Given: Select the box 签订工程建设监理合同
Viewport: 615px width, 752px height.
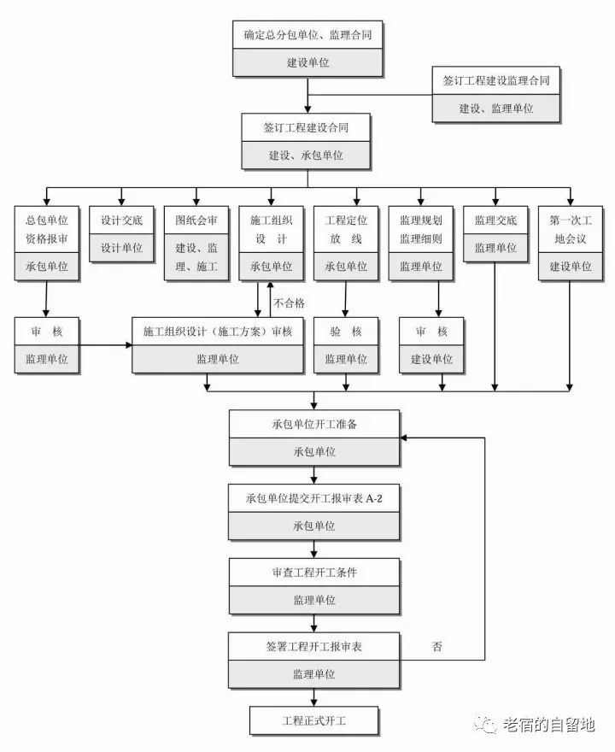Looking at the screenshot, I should pyautogui.click(x=495, y=94).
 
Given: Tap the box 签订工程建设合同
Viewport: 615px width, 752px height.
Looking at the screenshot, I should pyautogui.click(x=306, y=141).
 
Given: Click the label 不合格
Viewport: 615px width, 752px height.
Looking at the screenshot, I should pyautogui.click(x=289, y=303).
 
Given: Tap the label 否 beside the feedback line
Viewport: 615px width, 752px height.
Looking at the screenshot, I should pyautogui.click(x=437, y=647).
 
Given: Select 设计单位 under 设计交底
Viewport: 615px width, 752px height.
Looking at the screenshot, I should pyautogui.click(x=121, y=248).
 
